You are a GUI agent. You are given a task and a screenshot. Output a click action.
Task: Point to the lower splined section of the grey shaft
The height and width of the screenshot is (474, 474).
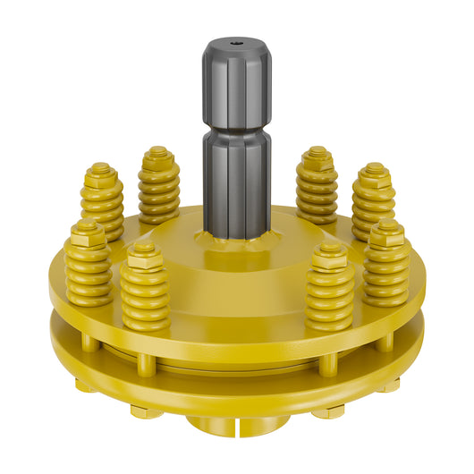(x=236, y=183)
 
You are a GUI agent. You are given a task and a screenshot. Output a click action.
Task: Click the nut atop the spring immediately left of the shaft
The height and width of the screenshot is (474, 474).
(x=158, y=154)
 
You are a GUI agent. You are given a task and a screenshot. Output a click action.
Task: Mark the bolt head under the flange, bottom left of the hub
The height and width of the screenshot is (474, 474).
(x=146, y=411)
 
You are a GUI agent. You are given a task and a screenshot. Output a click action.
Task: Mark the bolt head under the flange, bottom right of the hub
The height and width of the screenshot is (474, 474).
(x=329, y=411)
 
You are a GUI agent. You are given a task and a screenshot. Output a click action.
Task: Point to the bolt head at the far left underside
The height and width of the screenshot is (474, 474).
(x=85, y=385)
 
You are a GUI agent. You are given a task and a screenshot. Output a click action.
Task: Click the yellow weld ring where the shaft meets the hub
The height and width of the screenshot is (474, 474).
(x=237, y=240)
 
